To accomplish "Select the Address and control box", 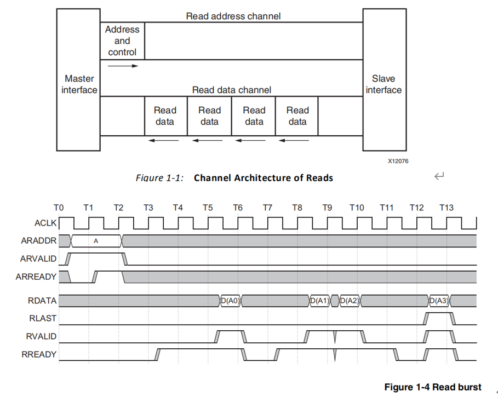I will pos(123,41).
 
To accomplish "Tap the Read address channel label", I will pos(233,16).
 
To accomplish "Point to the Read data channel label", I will pos(231,90).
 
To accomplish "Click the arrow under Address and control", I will pos(123,66).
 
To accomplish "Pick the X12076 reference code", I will pos(398,161).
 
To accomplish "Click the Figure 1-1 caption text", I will pos(234,177).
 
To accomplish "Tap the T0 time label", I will pos(59,208).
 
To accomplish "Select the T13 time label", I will pos(446,208).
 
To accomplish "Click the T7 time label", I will pos(267,208).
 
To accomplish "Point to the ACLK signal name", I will pos(45,223).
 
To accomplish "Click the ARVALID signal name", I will pos(38,259).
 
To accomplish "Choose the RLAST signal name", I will pos(43,318).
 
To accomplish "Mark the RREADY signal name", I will pos(39,354).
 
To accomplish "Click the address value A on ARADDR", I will pos(96,241).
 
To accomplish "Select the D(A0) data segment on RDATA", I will pos(230,300).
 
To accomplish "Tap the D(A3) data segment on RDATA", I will pos(438,300).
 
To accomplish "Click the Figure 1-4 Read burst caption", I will pos(432,387).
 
